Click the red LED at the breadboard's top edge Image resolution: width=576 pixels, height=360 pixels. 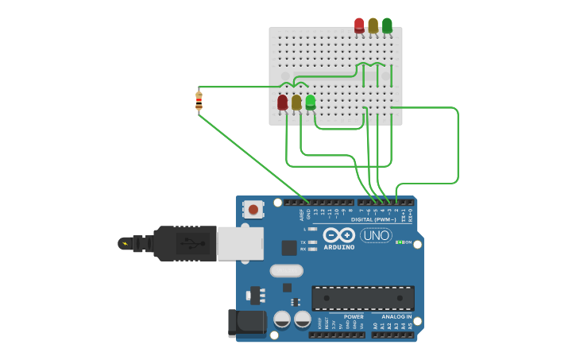coord(359,25)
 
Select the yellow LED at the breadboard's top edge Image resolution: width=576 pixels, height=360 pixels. coord(373,25)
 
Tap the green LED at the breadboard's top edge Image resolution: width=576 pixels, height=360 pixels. coord(387,25)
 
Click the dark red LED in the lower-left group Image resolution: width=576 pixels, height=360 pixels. coord(282,103)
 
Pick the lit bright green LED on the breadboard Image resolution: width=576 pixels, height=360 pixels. coord(311,102)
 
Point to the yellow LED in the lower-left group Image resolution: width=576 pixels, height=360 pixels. coord(296,103)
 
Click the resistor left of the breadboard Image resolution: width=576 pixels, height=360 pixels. coord(199,101)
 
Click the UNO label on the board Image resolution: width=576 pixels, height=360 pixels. coord(376,235)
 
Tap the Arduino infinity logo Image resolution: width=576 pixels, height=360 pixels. coord(339,235)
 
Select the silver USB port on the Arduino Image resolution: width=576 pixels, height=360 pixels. coord(240,243)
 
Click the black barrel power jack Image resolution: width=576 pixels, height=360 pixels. coord(246,322)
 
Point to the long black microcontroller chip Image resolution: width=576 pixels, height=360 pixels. coord(363,298)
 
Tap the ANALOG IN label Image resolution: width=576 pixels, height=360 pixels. coord(396,316)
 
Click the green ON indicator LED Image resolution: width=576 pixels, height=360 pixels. coord(398,242)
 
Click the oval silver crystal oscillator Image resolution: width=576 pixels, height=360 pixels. coord(286,270)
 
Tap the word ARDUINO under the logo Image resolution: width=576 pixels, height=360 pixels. coord(339,247)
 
